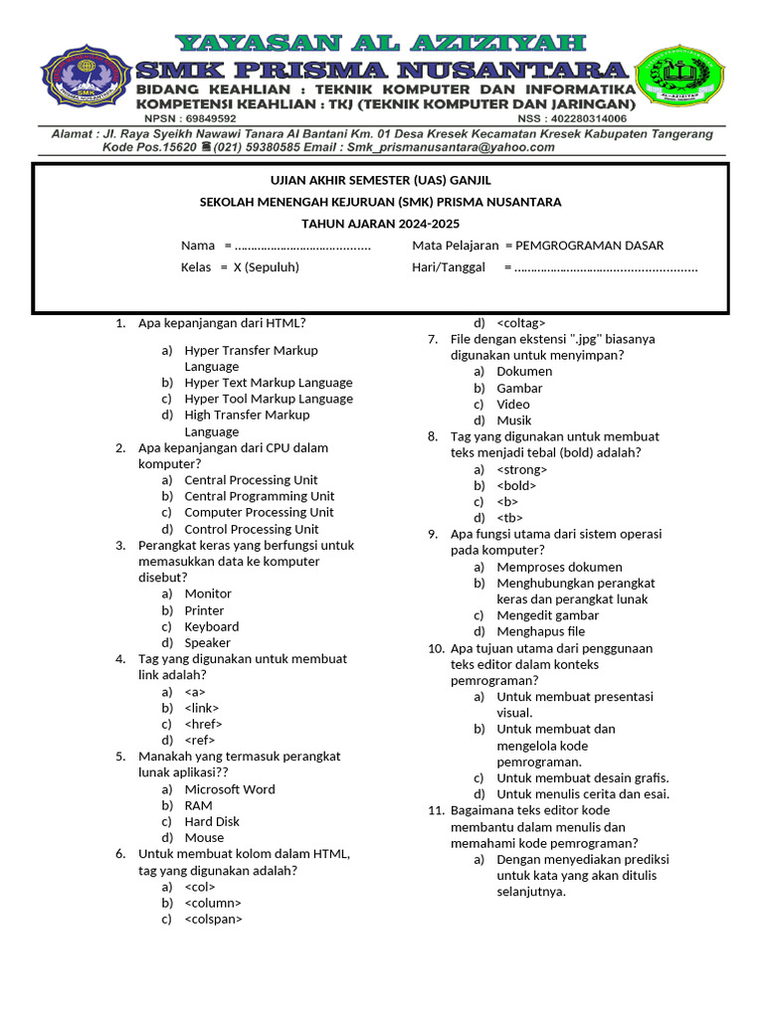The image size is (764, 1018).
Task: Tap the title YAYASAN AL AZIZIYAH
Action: click(381, 43)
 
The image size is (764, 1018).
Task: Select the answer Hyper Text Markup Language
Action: click(268, 383)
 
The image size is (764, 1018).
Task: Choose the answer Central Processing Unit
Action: click(251, 480)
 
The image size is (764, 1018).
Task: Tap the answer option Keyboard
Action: click(211, 626)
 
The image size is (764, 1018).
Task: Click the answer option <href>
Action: click(203, 724)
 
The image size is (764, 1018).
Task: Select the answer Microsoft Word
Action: click(230, 789)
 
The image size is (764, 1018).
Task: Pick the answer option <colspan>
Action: click(213, 920)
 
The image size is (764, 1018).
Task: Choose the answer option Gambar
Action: click(519, 388)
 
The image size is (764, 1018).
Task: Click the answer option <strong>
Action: click(521, 469)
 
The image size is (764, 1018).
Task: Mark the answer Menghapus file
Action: click(540, 631)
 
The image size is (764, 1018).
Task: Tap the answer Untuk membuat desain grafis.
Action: click(582, 777)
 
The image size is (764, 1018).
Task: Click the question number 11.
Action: click(436, 810)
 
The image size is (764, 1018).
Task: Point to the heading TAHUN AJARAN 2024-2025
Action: click(381, 224)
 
